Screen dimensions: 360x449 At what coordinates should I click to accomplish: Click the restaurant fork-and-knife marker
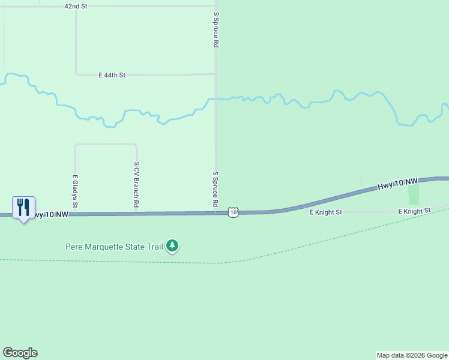click(x=23, y=207)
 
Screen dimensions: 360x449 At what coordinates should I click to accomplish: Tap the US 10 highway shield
click(x=234, y=212)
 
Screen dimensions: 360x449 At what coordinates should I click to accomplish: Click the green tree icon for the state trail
click(x=173, y=246)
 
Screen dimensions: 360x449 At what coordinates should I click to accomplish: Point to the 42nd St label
click(x=76, y=6)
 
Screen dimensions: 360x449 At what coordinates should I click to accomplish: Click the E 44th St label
click(x=112, y=75)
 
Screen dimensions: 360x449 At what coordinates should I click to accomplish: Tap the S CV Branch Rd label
click(x=137, y=185)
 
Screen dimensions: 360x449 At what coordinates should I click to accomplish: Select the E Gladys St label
click(x=75, y=191)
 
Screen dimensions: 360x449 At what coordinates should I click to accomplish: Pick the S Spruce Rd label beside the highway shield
click(x=215, y=190)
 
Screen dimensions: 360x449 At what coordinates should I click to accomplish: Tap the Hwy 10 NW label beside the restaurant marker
click(x=49, y=214)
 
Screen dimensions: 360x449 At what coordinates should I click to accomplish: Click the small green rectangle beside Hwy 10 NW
click(x=413, y=194)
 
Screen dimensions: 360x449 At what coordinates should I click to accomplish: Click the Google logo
click(x=20, y=353)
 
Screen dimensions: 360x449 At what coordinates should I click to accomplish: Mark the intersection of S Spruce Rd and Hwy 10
click(x=215, y=213)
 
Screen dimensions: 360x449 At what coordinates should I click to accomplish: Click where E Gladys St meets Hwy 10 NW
click(x=75, y=214)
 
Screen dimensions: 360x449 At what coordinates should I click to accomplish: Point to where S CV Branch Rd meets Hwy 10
click(x=137, y=214)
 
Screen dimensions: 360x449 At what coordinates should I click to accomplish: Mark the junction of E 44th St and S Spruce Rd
click(x=215, y=74)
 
